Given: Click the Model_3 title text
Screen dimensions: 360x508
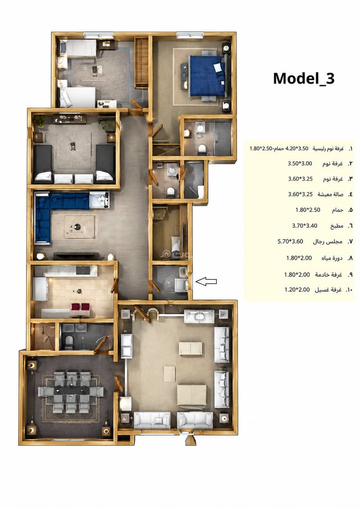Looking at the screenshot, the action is point(304,79).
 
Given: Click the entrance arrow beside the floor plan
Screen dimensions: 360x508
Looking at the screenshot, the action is point(207,281).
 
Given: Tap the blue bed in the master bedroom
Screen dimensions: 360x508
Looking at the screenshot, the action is point(207,76).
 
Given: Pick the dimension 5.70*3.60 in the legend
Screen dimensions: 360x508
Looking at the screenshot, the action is point(290,241).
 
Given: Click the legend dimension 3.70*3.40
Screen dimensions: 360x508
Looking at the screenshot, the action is point(305,226).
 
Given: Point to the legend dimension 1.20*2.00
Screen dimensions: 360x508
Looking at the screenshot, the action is point(297,290).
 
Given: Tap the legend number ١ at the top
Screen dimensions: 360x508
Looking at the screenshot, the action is point(350,149).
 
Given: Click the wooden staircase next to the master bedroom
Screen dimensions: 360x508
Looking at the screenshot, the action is point(141,62).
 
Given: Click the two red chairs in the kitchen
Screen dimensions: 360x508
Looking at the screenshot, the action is point(81,307).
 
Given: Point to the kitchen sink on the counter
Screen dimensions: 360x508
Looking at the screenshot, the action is point(83,270).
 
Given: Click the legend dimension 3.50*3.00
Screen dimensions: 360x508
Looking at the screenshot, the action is point(300,164).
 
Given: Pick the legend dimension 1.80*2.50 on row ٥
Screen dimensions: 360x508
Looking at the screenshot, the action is point(308,210).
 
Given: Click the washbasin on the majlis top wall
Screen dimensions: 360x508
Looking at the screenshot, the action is point(199,316).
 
